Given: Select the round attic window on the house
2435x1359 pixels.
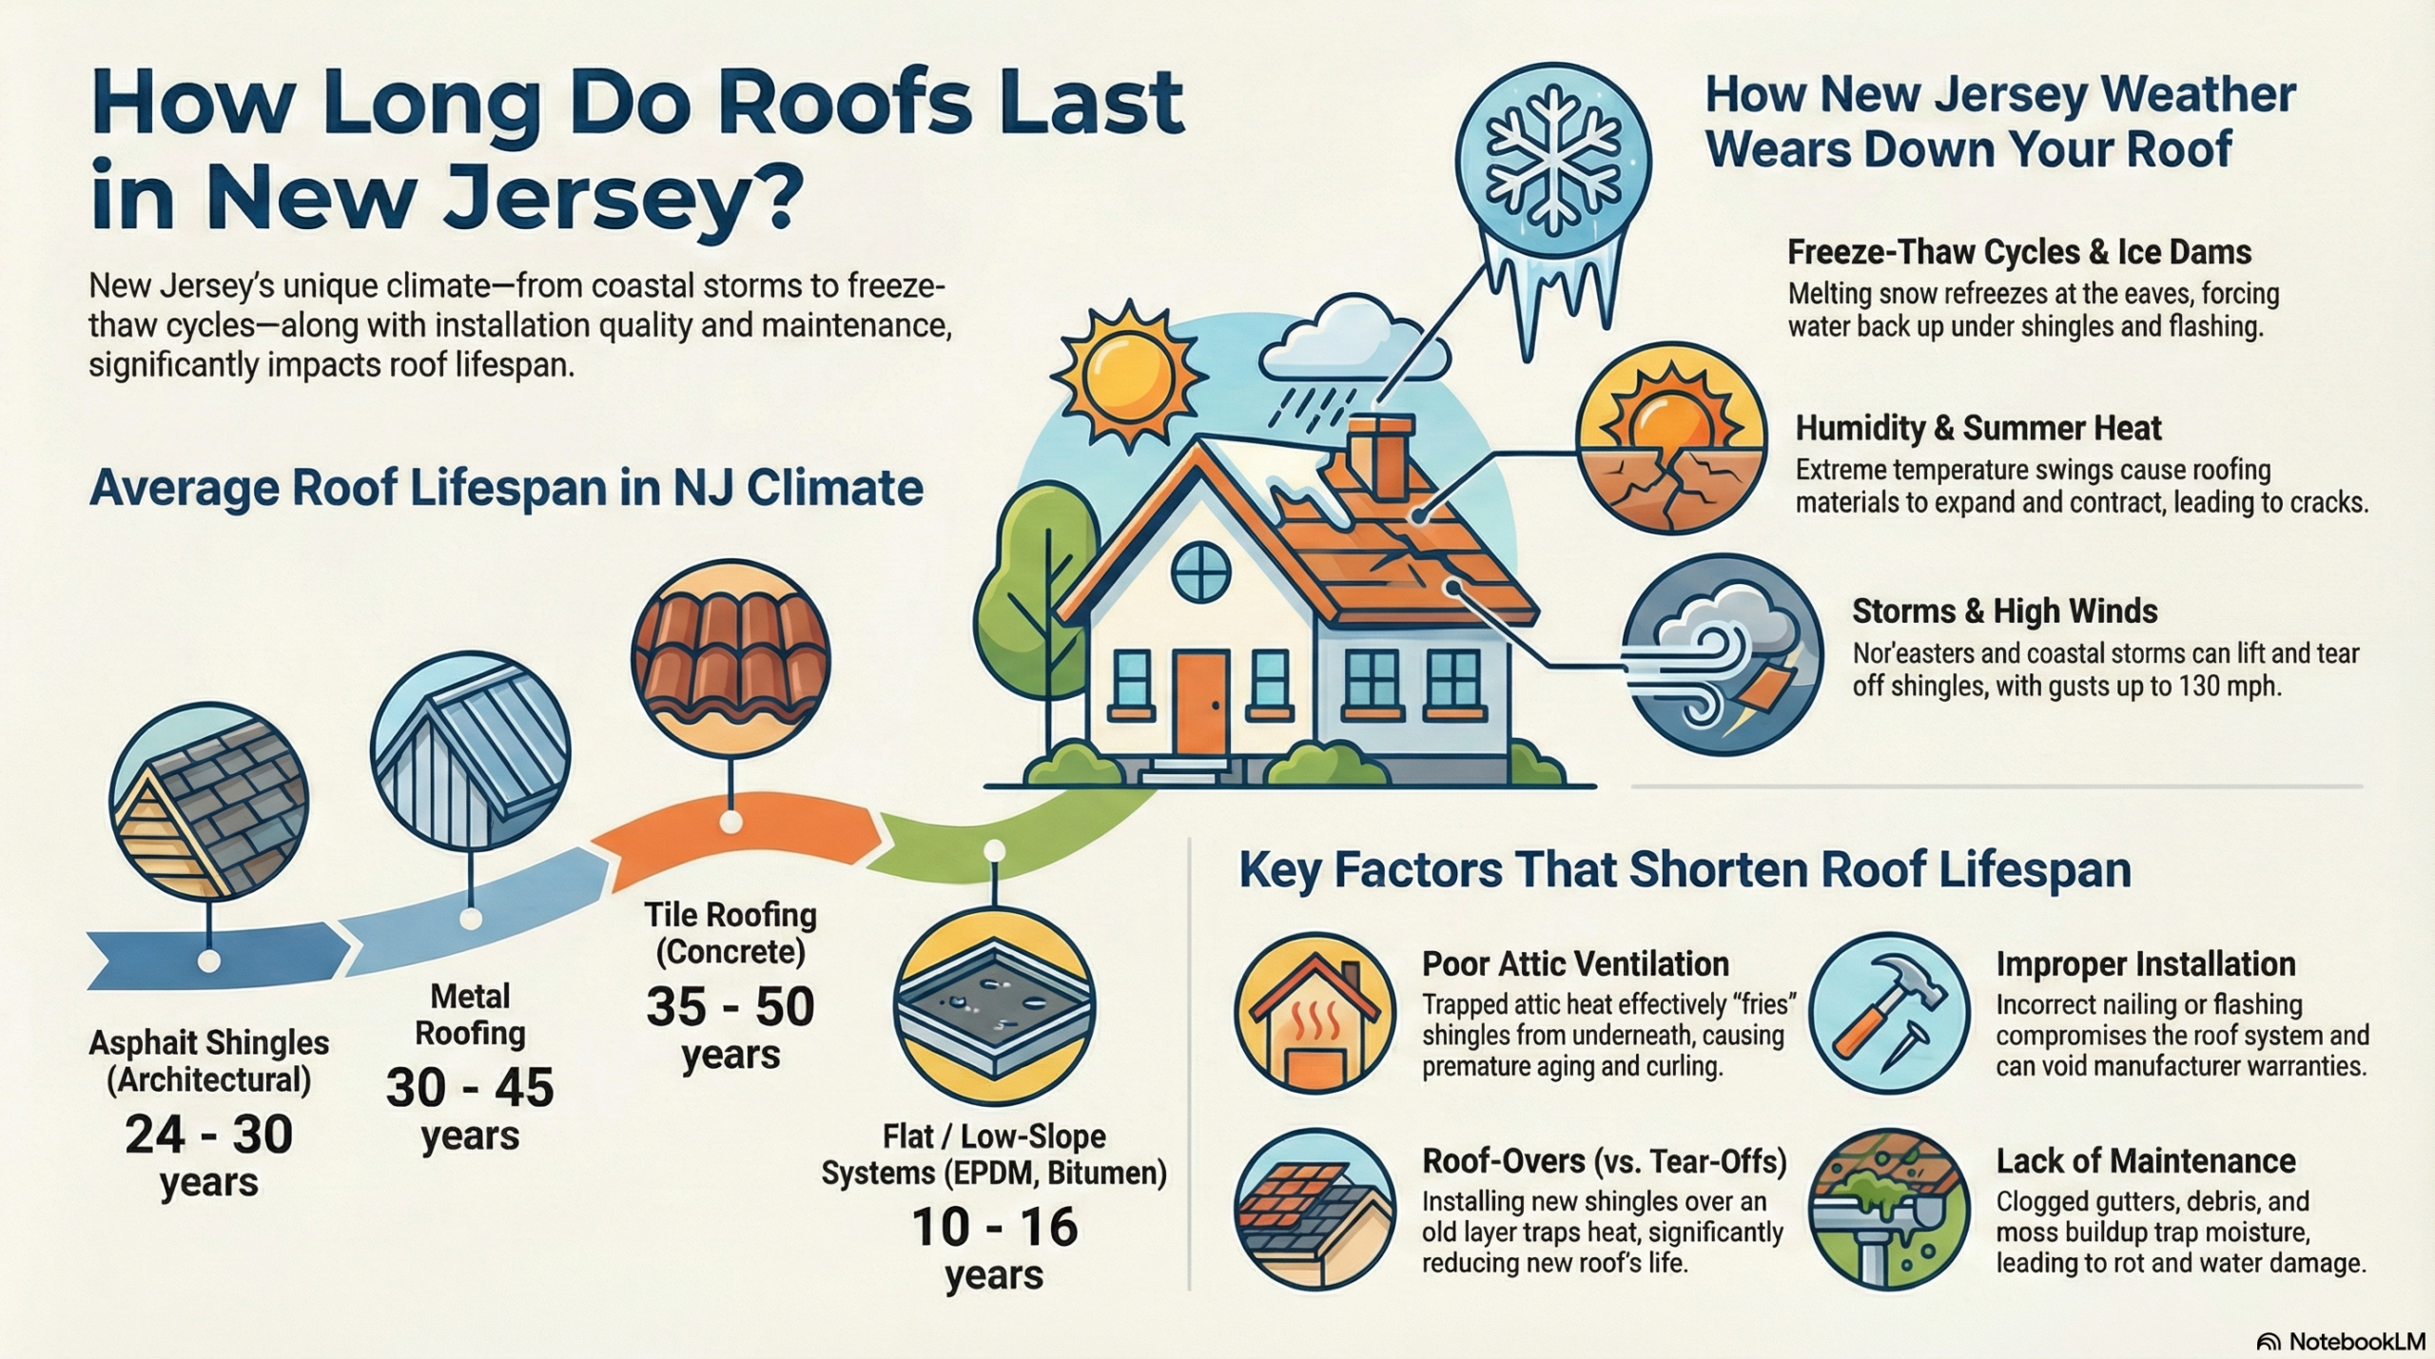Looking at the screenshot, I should point(1200,573).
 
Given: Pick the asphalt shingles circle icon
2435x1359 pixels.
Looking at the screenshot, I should point(208,801).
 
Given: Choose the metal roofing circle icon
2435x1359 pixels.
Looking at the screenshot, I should point(470,750).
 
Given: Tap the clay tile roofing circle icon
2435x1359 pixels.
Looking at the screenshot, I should point(730,659).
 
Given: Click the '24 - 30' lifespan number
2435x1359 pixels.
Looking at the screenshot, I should point(208,1135).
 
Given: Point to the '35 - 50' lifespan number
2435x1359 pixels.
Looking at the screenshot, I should point(730,1007).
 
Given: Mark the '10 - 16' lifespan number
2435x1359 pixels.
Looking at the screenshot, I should point(994,1227).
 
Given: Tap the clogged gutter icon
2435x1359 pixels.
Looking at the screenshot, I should point(1888,1209).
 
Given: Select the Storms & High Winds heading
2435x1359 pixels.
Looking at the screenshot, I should point(2004,611).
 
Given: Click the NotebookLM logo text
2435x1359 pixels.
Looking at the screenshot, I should point(2352,1341).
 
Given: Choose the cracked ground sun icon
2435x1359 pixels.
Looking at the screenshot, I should point(1670,441).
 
